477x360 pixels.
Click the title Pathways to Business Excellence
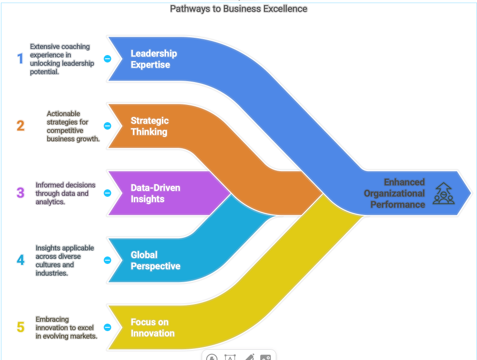238,8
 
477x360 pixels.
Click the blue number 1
20,59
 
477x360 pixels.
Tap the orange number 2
21,126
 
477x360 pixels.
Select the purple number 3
21,193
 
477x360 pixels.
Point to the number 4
21,260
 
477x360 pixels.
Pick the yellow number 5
21,327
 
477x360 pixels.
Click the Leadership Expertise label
153,59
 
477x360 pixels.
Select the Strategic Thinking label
149,126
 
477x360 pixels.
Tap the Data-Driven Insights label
155,194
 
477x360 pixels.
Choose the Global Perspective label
155,261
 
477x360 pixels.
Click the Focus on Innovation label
152,328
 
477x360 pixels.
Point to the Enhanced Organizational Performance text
394,193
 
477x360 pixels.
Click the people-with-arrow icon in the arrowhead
443,193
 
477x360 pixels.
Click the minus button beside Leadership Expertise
107,59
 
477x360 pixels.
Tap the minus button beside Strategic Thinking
107,126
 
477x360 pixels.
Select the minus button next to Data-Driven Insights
107,193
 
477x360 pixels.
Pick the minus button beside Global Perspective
107,260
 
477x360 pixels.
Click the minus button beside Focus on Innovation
107,327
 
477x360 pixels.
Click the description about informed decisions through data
65,193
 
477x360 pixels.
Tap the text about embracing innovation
66,327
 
